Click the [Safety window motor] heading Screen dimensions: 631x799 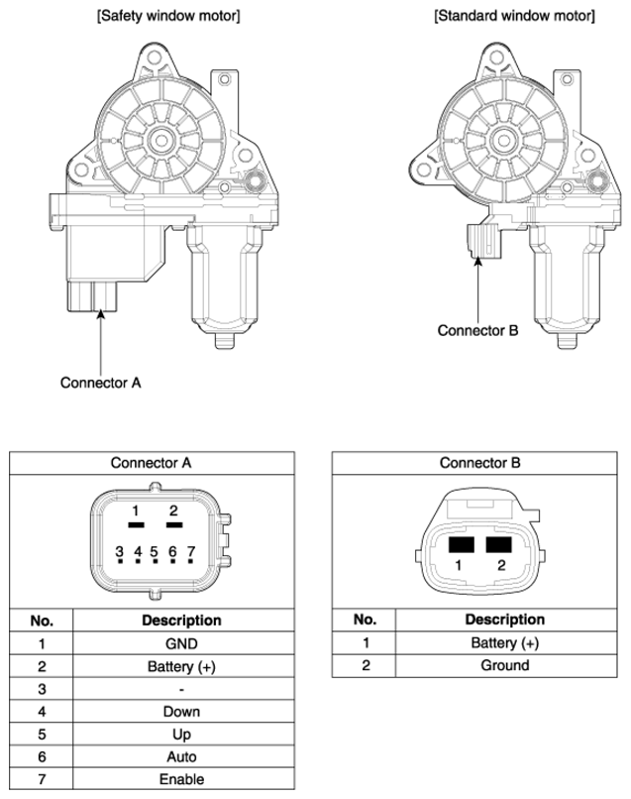tap(168, 16)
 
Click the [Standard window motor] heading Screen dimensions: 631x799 tap(514, 16)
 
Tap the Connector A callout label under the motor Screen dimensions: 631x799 tap(100, 383)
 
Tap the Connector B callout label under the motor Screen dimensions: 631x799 tap(477, 330)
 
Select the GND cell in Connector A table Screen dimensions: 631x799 tap(181, 643)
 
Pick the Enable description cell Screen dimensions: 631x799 tap(181, 779)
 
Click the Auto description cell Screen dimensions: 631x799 tap(181, 756)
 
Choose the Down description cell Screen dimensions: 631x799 tap(181, 712)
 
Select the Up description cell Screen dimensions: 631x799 tap(181, 735)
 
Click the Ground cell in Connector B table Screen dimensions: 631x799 tap(504, 665)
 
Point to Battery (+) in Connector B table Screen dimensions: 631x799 tap(504, 643)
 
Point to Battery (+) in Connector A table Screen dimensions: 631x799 tap(181, 666)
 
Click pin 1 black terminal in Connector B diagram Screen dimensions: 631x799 tap(461, 544)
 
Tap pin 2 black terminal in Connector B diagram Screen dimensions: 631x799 tap(498, 544)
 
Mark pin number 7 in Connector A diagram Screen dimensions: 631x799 tap(191, 551)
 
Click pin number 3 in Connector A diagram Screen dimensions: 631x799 tap(119, 551)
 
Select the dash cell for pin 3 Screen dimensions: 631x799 tap(181, 689)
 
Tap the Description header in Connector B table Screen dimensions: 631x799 tap(504, 620)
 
